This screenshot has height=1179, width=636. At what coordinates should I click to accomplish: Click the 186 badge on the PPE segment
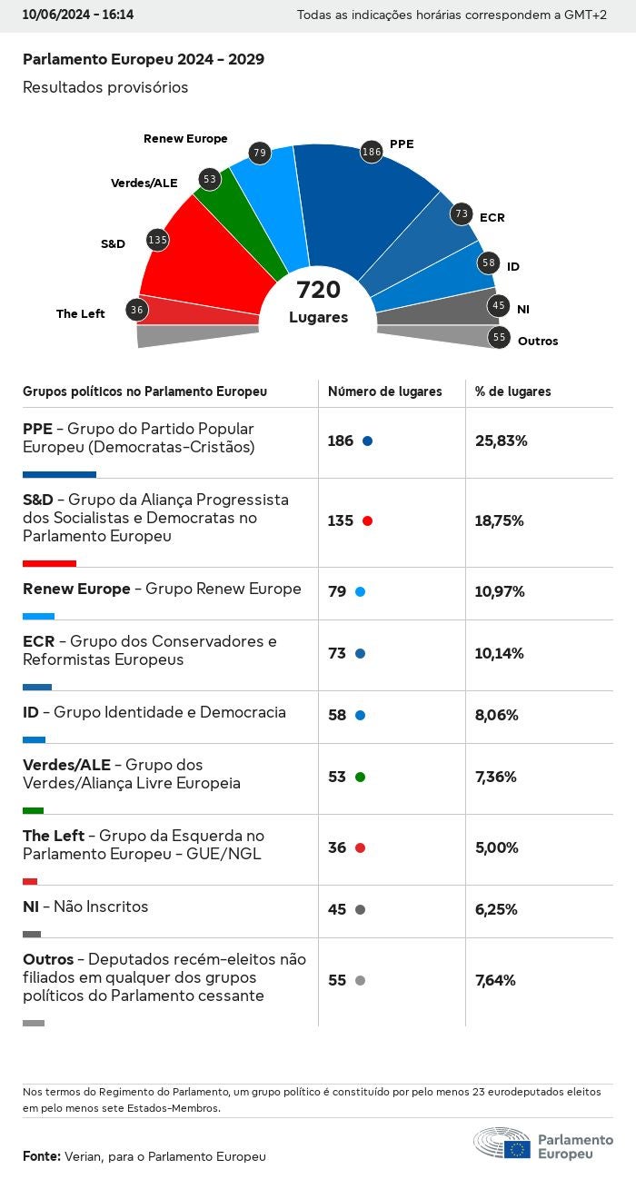[x=371, y=152]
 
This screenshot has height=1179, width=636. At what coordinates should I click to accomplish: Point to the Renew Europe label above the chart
[x=185, y=139]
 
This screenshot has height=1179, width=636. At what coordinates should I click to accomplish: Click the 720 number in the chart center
[x=318, y=291]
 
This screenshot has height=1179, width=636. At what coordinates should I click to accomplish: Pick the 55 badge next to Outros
[x=499, y=337]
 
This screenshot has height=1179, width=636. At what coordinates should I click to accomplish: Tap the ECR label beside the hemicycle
[x=492, y=218]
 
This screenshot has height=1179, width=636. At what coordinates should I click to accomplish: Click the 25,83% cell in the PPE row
[x=502, y=441]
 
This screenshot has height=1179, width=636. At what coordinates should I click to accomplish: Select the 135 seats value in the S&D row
[x=341, y=521]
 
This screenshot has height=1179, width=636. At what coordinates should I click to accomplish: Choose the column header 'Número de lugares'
[x=384, y=391]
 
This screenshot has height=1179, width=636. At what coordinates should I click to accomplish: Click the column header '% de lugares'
[x=512, y=391]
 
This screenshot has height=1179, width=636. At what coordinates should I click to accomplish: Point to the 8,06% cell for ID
[x=497, y=716]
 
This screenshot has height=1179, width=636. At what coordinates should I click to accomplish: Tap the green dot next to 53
[x=360, y=778]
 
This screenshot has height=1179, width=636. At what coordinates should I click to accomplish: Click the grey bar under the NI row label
[x=32, y=934]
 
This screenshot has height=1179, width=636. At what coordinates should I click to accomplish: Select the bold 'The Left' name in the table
[x=54, y=836]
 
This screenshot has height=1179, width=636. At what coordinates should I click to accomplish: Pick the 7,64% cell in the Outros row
[x=495, y=981]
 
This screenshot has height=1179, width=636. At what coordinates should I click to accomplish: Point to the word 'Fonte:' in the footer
[x=42, y=1156]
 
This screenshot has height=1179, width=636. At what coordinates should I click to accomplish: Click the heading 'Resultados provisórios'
[x=105, y=87]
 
